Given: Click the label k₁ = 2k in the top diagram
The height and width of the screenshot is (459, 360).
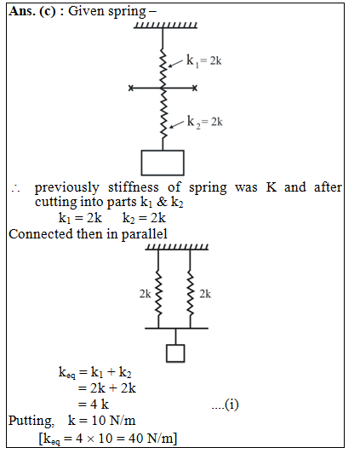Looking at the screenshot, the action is point(204,61).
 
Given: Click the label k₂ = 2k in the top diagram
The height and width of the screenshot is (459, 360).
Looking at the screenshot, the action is point(205,122).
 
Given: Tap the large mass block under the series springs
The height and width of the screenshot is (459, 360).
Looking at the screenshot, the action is point(163,163).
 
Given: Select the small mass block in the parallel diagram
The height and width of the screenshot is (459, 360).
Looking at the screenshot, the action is point(175,353).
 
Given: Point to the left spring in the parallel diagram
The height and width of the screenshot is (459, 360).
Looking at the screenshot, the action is point(158,293).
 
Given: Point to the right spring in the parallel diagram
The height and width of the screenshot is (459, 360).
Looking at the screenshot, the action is point(191,293).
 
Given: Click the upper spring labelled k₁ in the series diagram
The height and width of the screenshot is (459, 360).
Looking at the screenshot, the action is point(163,68).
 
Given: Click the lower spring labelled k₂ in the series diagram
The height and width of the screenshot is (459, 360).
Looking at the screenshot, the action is point(163,113).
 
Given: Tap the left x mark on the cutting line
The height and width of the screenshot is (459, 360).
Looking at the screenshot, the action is point(131,88).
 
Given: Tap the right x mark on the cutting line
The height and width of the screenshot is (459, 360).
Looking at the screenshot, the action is point(195,88).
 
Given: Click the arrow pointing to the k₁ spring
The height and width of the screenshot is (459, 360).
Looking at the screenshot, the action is point(176,63).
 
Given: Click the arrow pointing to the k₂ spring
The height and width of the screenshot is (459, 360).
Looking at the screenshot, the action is point(177,124).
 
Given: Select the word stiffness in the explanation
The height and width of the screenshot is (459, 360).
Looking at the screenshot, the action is point(134,187).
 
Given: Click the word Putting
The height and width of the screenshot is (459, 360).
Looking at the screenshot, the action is point(31,421).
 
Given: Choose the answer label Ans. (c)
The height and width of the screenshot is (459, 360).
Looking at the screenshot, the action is point(31,11).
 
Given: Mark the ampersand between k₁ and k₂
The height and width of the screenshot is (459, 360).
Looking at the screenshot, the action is point(162,202).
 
